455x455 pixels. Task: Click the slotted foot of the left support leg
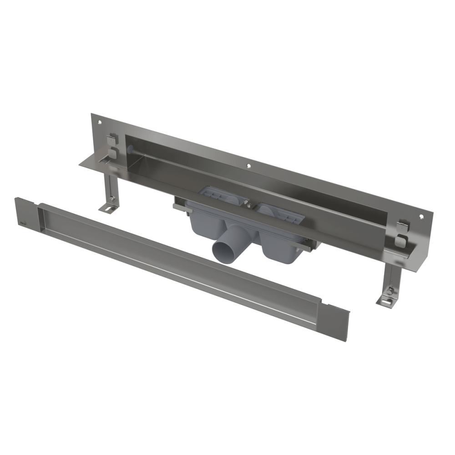[107, 209]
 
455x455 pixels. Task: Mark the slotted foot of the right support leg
[386, 300]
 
